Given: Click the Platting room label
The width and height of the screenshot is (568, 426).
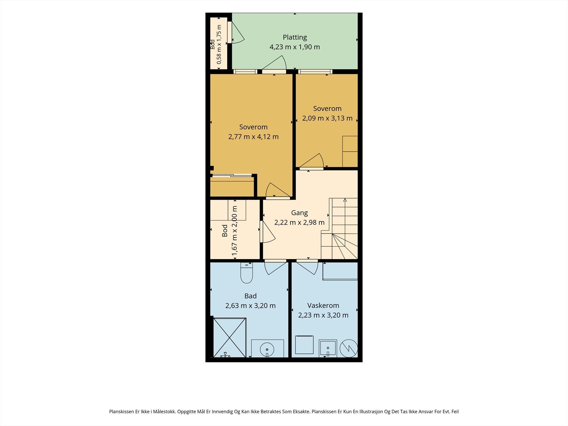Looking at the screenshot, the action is point(295,38).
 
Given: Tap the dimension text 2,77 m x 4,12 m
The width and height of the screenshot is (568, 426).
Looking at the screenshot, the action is point(253,137).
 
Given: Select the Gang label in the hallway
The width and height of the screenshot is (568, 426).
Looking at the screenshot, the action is point(299,213).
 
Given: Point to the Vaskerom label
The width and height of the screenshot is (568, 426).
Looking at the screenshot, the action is point(323,305).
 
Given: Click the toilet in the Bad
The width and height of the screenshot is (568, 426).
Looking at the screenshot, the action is point(246,273).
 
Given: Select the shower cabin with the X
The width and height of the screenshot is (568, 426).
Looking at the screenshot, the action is point(230,338).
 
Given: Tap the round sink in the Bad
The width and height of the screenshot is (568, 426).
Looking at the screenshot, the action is point(267,349).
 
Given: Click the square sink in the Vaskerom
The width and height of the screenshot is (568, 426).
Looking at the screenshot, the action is point(328,348).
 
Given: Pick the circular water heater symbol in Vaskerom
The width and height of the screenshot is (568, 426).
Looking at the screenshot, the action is point(349,348).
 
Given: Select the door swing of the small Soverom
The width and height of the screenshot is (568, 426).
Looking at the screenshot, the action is point(312,160).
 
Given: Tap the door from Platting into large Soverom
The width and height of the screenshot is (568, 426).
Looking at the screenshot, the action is point(274,63).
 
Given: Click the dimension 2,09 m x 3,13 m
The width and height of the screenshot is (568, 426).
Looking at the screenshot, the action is point(327,118).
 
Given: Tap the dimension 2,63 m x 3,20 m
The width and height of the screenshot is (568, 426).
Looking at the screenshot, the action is point(251,306).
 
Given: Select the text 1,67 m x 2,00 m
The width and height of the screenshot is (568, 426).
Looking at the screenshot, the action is point(234,231).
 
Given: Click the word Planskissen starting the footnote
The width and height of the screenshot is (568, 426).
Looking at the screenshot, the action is point(121,411).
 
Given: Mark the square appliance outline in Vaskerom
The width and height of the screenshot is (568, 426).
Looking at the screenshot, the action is point(304,345).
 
